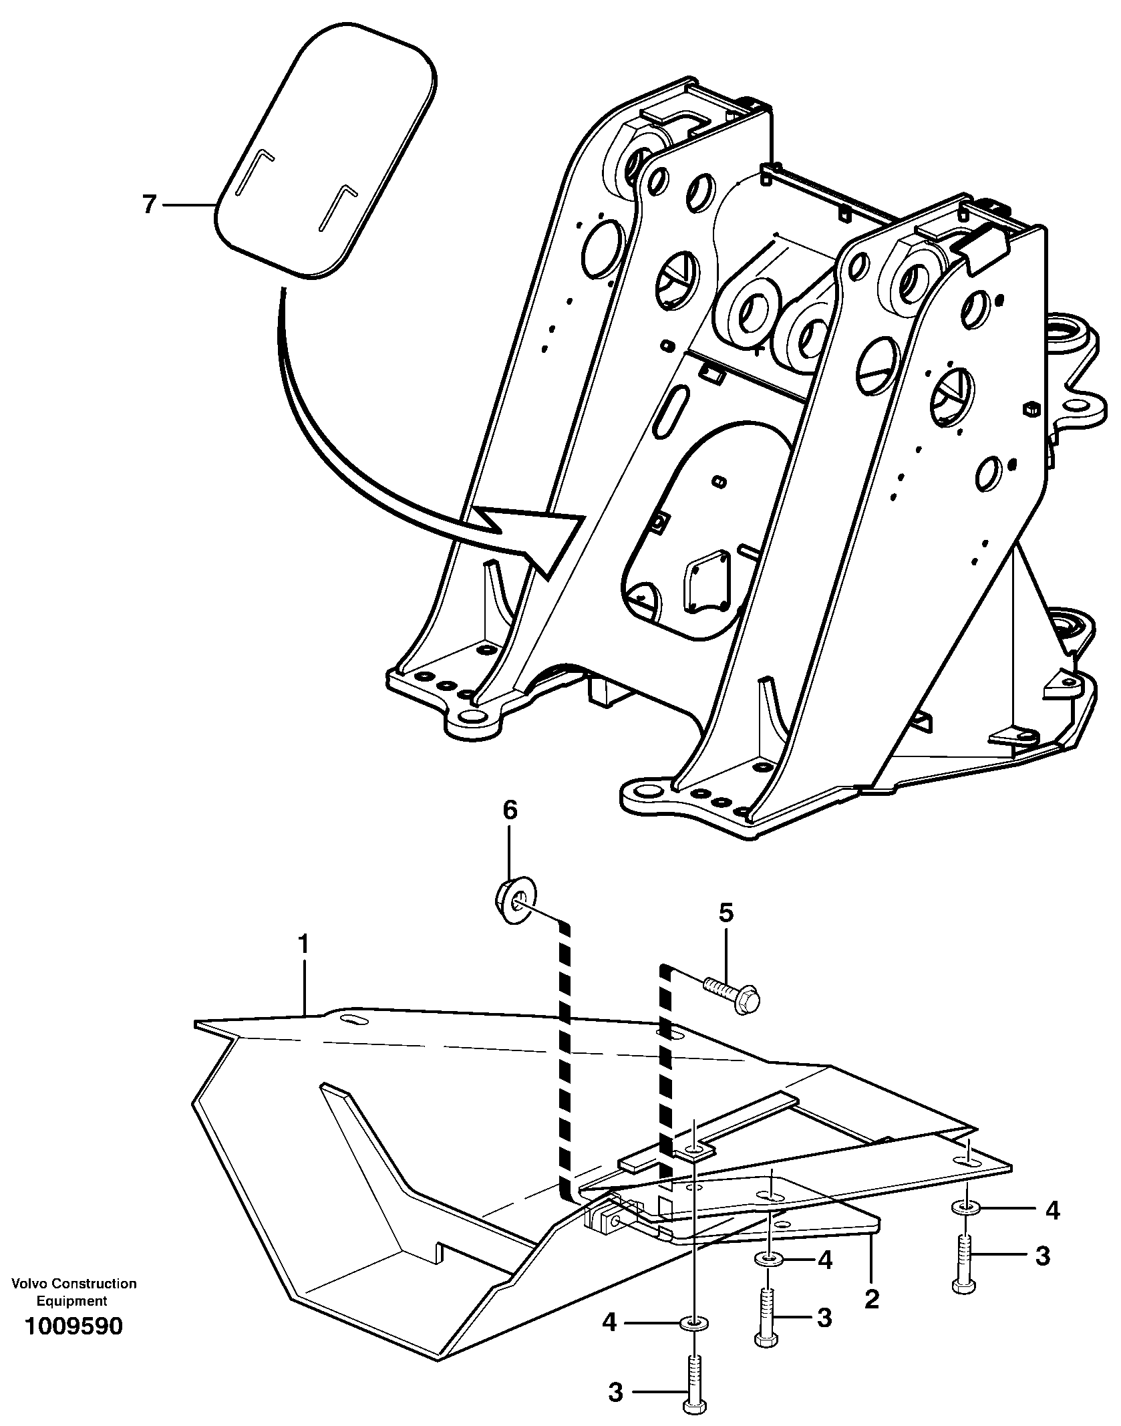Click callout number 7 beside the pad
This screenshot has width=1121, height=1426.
[149, 204]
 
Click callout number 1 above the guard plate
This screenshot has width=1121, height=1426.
[304, 946]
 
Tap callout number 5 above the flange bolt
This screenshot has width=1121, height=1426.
[726, 913]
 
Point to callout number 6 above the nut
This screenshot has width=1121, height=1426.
[510, 811]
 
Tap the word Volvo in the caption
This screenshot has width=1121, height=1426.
[30, 1284]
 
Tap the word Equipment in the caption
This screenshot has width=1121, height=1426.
[71, 1301]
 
